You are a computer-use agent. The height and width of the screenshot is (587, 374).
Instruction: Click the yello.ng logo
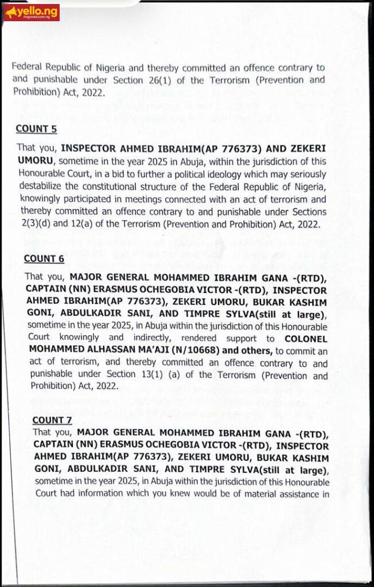(x=31, y=11)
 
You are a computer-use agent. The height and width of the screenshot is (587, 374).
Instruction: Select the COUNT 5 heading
(x=36, y=129)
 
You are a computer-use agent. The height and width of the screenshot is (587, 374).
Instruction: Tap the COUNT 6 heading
(x=44, y=259)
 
